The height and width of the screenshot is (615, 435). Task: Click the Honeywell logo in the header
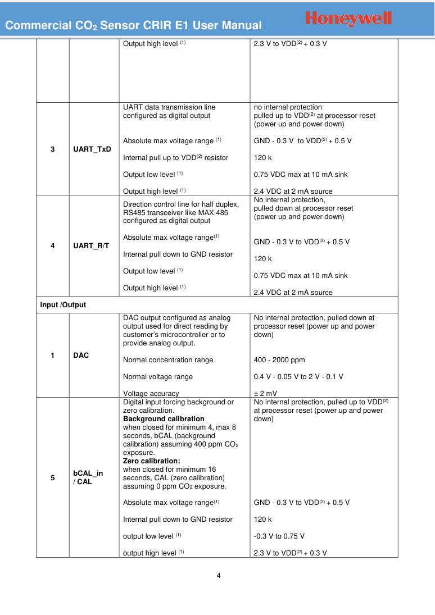tap(348, 19)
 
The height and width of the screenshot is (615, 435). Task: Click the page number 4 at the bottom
tap(219, 575)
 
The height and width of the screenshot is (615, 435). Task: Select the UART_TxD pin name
tap(92, 149)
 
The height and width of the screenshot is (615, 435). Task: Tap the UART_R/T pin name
tap(91, 245)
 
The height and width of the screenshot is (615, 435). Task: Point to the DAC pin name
tap(81, 356)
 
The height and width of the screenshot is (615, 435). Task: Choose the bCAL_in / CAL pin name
tap(88, 477)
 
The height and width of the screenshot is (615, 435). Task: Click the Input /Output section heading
tap(63, 305)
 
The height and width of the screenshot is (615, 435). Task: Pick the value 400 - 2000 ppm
tap(279, 360)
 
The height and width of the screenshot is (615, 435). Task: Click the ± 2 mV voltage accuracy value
tap(265, 393)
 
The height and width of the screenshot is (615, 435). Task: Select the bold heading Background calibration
tap(164, 419)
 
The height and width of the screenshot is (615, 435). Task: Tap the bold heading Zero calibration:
tap(151, 461)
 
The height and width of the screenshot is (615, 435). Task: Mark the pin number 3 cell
tap(53, 149)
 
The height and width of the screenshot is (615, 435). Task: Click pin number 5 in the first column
tap(53, 478)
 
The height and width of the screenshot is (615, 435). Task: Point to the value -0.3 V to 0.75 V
tap(279, 536)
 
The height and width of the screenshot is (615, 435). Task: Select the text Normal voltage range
tap(158, 377)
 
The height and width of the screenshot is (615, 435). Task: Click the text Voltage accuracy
tap(151, 393)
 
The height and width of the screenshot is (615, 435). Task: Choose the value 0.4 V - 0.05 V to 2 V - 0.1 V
tap(298, 377)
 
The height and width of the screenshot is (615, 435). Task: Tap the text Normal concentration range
tap(168, 360)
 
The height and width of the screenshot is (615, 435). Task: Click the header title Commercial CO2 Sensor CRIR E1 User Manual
tap(134, 25)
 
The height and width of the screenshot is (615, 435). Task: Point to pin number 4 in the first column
tap(53, 245)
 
